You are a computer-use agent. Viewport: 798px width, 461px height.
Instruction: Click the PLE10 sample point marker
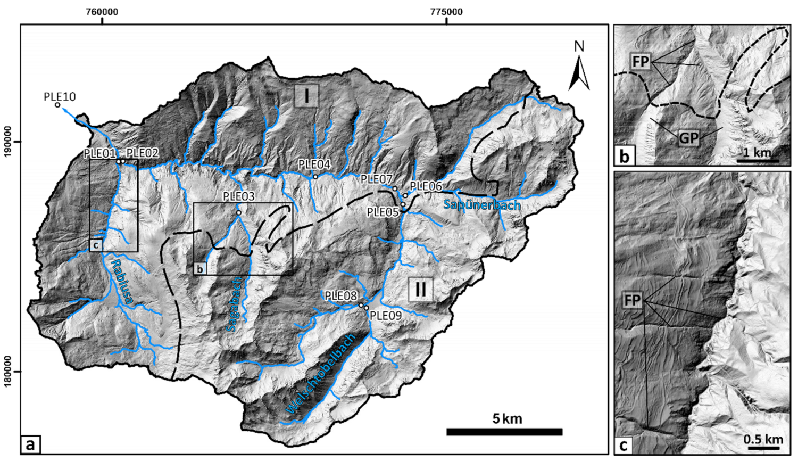pos(57,105)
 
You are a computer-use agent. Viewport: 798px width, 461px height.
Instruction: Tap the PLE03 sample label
pos(238,196)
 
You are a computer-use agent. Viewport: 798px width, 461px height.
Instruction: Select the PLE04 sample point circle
pos(315,177)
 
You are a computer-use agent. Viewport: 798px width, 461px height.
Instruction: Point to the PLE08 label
pos(340,296)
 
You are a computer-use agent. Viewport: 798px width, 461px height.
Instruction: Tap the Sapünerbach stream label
pos(481,204)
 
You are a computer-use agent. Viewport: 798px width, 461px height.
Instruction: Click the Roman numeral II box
pos(420,290)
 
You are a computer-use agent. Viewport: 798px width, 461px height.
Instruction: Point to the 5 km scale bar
pos(504,432)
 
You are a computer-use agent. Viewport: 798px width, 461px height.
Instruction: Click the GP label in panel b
pos(688,138)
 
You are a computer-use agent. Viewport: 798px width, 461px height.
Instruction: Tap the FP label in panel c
pos(633,301)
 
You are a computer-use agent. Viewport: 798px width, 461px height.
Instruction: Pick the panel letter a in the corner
pos(30,443)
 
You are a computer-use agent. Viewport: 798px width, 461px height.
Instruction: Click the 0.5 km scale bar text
pos(763,439)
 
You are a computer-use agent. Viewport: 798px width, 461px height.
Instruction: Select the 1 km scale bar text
pos(757,152)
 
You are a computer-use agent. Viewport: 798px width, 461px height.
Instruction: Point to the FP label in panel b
pos(641,62)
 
